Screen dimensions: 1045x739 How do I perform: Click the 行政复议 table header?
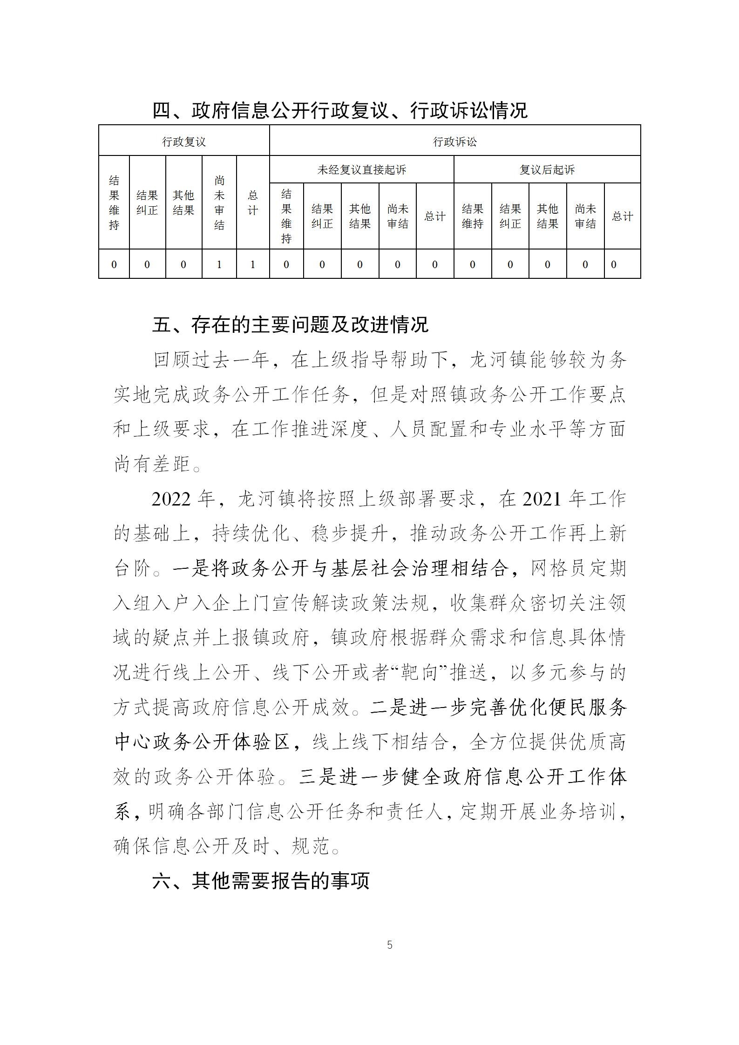(x=184, y=142)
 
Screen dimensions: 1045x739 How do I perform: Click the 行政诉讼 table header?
(x=455, y=142)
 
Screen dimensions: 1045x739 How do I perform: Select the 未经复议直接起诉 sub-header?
(x=362, y=170)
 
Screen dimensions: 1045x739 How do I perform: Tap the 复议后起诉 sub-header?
(x=547, y=170)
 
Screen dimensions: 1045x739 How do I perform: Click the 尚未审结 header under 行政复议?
(x=219, y=203)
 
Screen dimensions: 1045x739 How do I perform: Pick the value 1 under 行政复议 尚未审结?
(x=219, y=264)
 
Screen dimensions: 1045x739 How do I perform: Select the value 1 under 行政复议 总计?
(x=253, y=264)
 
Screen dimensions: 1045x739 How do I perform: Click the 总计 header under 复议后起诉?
(x=623, y=216)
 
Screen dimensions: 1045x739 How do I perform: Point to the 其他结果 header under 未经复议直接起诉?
(x=360, y=216)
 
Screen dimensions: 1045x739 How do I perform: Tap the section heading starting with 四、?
(x=340, y=111)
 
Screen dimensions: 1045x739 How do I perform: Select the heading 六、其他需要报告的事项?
(x=261, y=881)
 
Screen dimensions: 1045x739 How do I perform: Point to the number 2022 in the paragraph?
(x=171, y=499)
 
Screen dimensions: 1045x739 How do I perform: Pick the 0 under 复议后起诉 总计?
(x=614, y=264)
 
